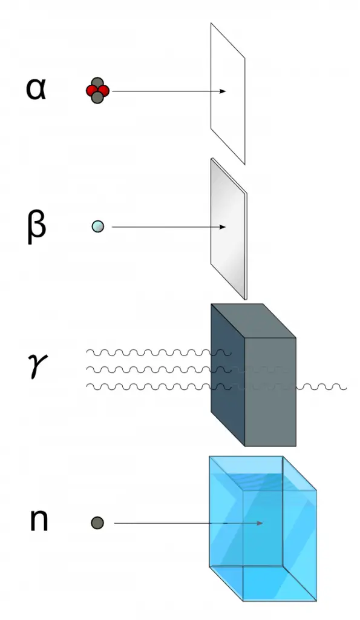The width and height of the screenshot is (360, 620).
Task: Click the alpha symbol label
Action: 36,89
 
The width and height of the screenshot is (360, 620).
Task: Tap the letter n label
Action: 39,521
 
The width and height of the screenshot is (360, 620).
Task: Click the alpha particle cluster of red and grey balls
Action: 97,91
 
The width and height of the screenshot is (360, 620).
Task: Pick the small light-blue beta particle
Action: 97,227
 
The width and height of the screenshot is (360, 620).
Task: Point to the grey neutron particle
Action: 97,523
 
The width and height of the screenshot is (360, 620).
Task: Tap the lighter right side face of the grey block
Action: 271,391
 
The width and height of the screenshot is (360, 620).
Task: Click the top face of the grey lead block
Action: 253,320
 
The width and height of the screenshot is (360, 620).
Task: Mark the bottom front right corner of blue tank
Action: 316,601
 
